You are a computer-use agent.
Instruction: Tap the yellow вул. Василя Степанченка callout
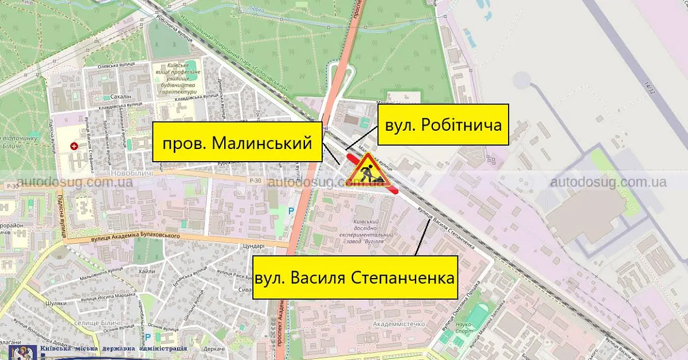(355, 277)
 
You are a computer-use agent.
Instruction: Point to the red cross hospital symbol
(74, 146)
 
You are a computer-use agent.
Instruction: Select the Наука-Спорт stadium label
(463, 328)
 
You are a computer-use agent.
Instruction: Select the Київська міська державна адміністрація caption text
(113, 349)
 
